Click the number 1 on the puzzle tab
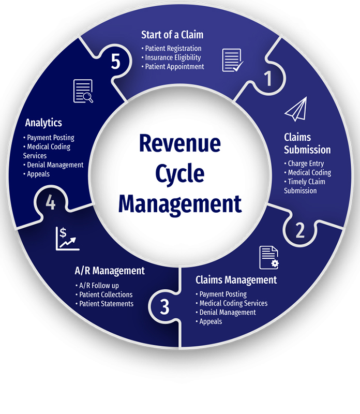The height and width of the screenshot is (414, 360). point(267,79)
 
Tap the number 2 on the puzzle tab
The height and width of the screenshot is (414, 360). point(300,230)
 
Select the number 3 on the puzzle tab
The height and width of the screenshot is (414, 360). point(164,307)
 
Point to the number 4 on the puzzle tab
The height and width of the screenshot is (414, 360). point(50,203)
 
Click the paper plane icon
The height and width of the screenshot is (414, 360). point(295,110)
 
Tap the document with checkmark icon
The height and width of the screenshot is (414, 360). point(232,60)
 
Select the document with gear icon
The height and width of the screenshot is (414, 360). point(269,257)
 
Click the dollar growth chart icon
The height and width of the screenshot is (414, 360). point(68,239)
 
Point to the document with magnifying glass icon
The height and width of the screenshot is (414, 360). point(83,91)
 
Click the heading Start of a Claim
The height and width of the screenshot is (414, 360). point(172,35)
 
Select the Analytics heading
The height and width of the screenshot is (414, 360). point(43,123)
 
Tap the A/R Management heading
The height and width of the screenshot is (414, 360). point(110,270)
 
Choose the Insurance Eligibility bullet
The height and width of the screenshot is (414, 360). point(173,57)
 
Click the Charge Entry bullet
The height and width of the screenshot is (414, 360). point(306,164)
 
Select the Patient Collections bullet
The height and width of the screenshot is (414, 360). point(106,294)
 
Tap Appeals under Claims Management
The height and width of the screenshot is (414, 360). point(211,321)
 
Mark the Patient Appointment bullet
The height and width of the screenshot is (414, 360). point(174,66)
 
